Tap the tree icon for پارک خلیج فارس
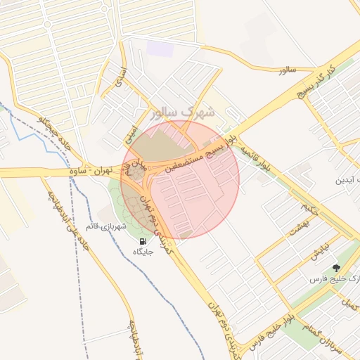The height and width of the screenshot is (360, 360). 335,267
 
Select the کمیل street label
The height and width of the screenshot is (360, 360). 349,304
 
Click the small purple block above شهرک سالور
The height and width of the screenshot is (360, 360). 160,49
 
